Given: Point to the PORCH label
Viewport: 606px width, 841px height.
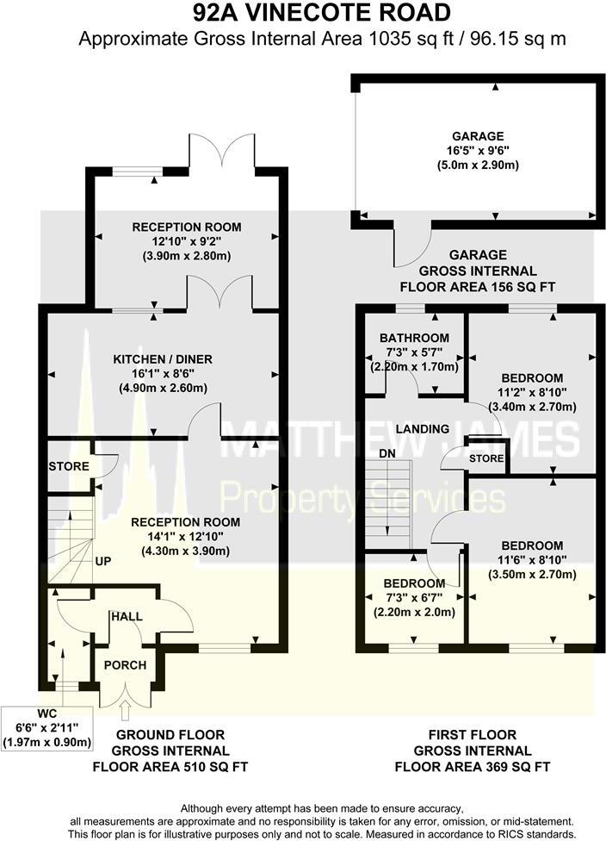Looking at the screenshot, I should coord(126,665).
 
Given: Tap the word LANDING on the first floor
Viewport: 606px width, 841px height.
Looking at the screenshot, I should coord(423,428).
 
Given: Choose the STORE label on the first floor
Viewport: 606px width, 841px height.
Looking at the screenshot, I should coord(486,458).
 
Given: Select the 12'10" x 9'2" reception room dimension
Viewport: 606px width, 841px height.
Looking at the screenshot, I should coord(187,242).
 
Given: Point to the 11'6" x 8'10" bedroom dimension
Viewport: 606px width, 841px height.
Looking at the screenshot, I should coord(533,560).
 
